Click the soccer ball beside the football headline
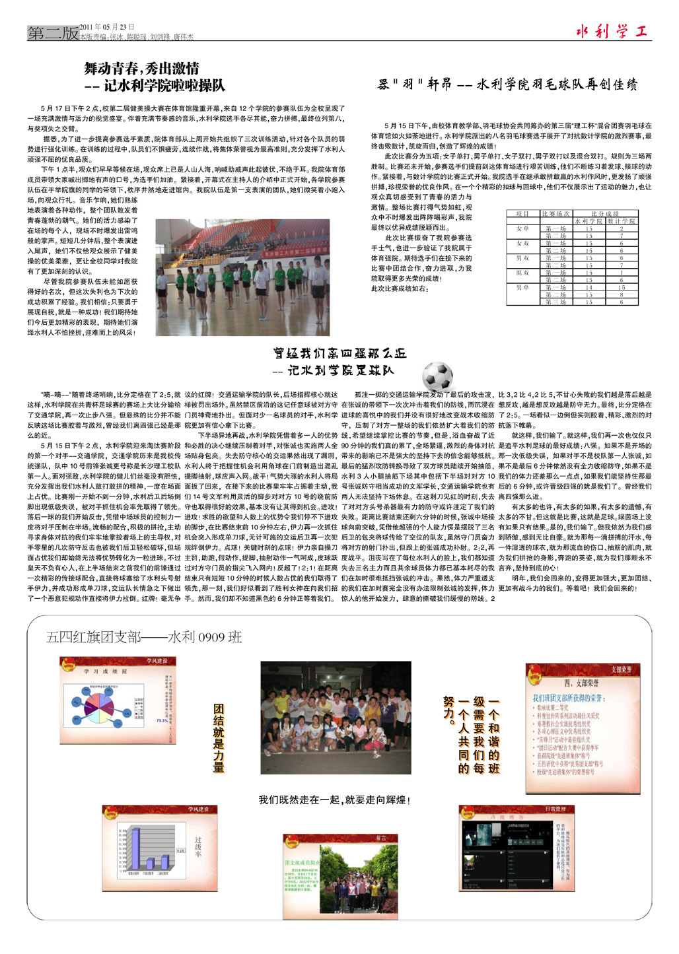[x=437, y=375]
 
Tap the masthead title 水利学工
[x=612, y=30]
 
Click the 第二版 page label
[x=52, y=33]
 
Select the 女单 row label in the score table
[x=522, y=228]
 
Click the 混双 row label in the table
[x=522, y=273]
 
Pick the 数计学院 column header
[x=621, y=221]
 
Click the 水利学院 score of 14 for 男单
[x=589, y=287]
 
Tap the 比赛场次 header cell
[x=555, y=214]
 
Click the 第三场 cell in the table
[x=555, y=302]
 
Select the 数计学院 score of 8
[x=621, y=294]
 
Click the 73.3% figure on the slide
[x=161, y=720]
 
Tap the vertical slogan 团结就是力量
[x=219, y=737]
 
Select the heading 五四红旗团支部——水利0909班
[x=143, y=637]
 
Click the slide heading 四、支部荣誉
[x=581, y=683]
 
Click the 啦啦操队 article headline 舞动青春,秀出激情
[x=141, y=69]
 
